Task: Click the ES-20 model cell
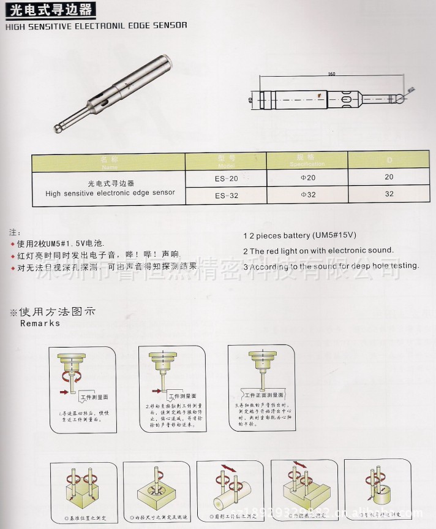click(226, 178)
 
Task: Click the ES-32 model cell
click(226, 196)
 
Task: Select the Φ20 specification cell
click(307, 177)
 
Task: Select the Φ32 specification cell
click(307, 195)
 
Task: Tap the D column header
click(389, 161)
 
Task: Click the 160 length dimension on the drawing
click(331, 74)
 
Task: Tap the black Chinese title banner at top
click(50, 10)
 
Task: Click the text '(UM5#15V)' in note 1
click(334, 235)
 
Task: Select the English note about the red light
click(318, 251)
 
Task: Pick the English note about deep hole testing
click(331, 266)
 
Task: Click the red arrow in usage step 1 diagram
click(63, 390)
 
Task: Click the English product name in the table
click(110, 192)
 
